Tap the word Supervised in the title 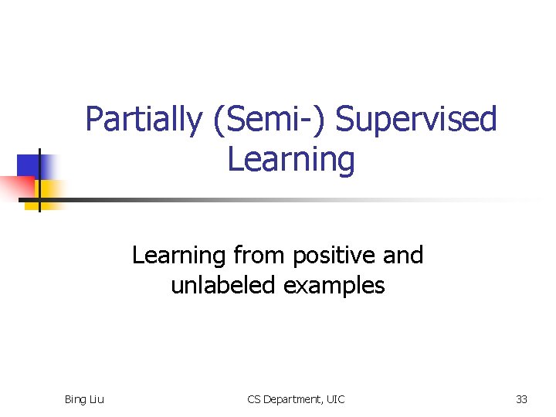[417, 120]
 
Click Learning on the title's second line [291, 160]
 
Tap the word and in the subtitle [402, 255]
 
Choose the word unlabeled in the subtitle [222, 285]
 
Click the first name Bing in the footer [76, 399]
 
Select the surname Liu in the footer [97, 399]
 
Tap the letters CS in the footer [254, 399]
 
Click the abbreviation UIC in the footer [335, 399]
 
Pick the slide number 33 [521, 399]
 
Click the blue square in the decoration [29, 164]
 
